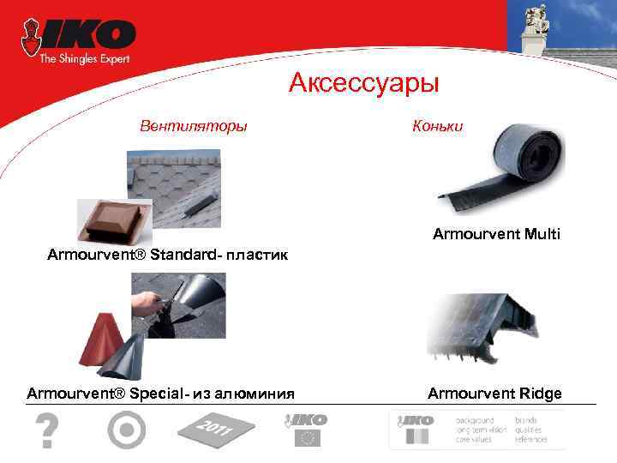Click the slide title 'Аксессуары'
click(363, 83)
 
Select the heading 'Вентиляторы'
click(194, 126)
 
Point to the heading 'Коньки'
click(437, 126)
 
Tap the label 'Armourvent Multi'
click(496, 233)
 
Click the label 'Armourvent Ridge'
click(494, 394)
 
